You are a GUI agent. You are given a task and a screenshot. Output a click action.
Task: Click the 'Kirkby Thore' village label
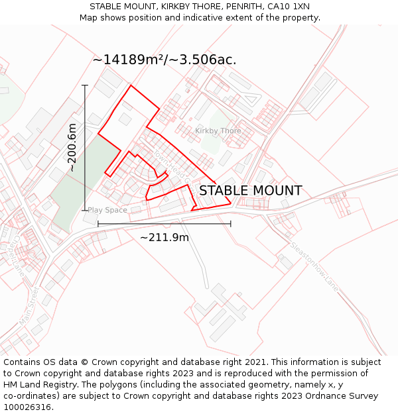pos(218,130)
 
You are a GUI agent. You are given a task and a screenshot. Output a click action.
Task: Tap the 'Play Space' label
pos(107,210)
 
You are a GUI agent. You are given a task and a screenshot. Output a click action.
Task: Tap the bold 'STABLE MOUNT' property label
pos(250,191)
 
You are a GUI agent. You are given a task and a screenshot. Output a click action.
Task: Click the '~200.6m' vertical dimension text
pos(72,148)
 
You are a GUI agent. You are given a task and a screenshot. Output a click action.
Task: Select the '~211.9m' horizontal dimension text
pos(164,238)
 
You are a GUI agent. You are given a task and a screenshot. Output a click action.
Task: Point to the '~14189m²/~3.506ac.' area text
pos(165,60)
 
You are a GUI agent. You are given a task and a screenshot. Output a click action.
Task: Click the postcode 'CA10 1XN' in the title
pos(289,7)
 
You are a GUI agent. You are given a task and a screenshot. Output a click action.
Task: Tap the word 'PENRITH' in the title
pos(243,7)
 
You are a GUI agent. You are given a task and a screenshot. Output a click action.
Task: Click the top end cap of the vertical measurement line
pos(85,85)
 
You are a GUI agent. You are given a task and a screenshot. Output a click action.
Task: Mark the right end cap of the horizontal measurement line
pos(231,224)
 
